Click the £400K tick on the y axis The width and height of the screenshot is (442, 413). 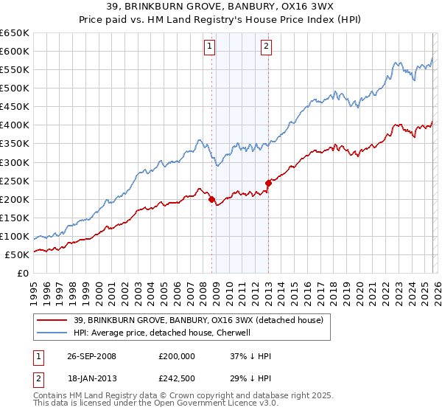(15, 125)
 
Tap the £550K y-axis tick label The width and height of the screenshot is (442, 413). (15, 70)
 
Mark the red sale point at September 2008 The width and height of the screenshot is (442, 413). (212, 199)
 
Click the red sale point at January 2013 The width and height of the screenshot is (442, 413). (268, 184)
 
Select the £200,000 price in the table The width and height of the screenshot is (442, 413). (177, 356)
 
